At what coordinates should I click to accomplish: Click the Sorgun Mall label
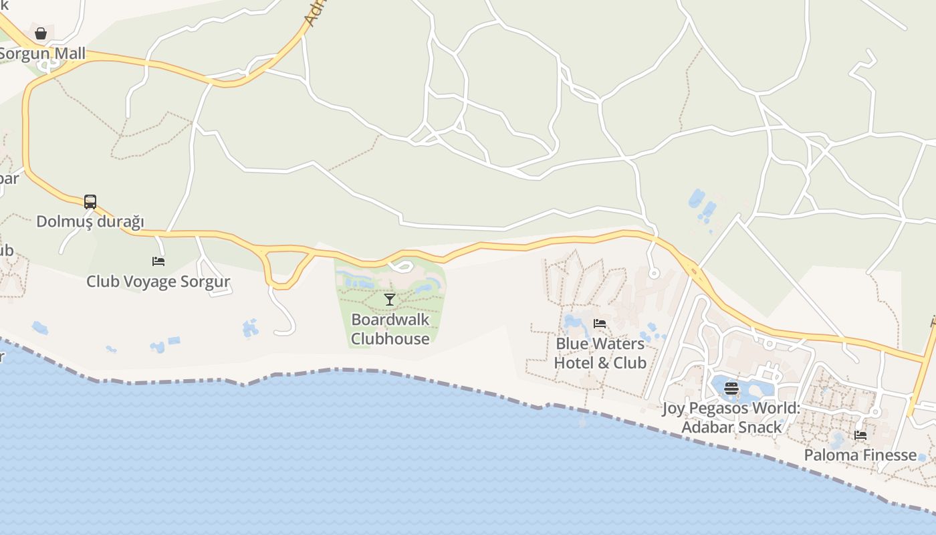(x=43, y=53)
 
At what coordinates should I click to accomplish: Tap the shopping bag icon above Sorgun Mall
(x=41, y=33)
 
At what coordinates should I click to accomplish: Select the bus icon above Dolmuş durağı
(x=90, y=201)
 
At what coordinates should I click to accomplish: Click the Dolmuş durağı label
(x=90, y=221)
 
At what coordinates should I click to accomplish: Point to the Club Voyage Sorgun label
(x=158, y=282)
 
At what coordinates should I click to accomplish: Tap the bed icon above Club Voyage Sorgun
(x=158, y=261)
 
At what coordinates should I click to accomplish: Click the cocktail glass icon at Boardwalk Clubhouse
(x=390, y=300)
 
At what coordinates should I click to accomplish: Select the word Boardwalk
(x=390, y=320)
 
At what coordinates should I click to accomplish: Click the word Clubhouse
(x=390, y=338)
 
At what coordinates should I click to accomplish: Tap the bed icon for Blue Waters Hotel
(x=600, y=324)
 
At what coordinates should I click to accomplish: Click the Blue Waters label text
(x=600, y=344)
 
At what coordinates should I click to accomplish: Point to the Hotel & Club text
(x=600, y=362)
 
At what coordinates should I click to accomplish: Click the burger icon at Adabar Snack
(x=731, y=388)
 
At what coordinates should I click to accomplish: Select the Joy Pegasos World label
(x=731, y=408)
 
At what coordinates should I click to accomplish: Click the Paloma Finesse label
(x=860, y=455)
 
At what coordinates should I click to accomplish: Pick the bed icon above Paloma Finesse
(x=860, y=435)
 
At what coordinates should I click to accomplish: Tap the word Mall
(x=71, y=53)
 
